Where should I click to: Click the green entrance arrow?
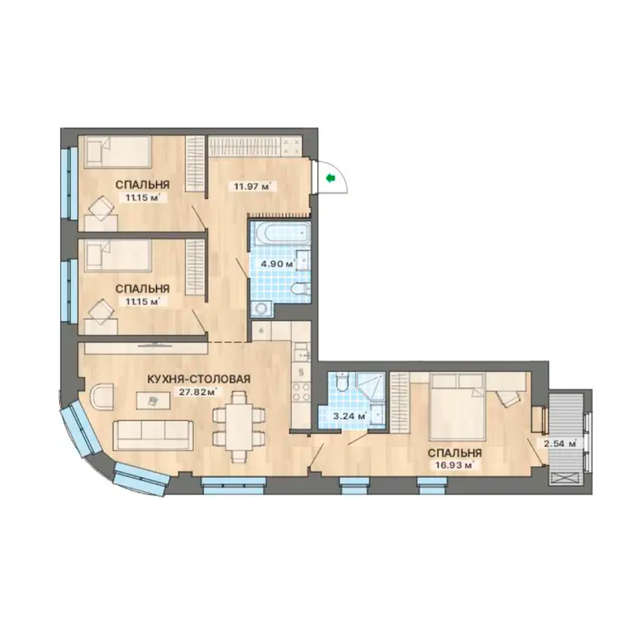(x=331, y=178)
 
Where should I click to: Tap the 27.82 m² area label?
(x=197, y=392)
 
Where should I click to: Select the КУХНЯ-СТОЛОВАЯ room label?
(x=199, y=379)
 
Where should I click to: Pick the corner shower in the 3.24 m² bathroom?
(x=371, y=387)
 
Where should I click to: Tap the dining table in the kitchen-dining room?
(x=238, y=427)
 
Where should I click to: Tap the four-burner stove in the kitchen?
(x=301, y=391)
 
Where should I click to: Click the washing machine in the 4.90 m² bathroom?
(x=261, y=310)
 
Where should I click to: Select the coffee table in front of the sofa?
(x=153, y=402)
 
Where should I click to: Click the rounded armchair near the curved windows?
(x=101, y=397)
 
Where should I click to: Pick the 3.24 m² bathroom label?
(x=348, y=417)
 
